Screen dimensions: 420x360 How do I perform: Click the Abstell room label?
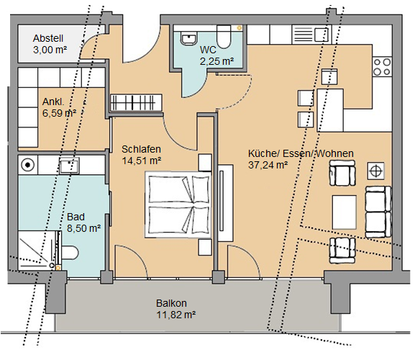tap(48, 38)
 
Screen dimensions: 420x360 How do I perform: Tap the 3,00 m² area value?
tap(50, 50)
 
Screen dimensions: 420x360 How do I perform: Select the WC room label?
tap(208, 50)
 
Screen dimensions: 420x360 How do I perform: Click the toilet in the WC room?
tap(224, 37)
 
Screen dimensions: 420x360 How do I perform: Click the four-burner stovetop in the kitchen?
tap(382, 67)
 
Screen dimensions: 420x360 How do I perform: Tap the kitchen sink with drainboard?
tap(311, 34)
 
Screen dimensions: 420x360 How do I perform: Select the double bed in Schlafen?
tap(178, 204)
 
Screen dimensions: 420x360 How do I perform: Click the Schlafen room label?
tap(141, 149)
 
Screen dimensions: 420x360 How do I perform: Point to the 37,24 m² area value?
tap(268, 165)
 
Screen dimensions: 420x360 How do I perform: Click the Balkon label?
tap(171, 303)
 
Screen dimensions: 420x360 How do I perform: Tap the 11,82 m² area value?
tap(175, 315)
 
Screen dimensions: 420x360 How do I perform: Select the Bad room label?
tap(76, 217)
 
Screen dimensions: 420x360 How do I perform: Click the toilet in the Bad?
tap(70, 253)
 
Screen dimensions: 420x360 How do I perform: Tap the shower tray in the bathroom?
tap(38, 250)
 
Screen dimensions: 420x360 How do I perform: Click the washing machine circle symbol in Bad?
tap(27, 166)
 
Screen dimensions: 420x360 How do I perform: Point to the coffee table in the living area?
tap(344, 212)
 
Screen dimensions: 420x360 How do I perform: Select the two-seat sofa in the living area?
tap(378, 212)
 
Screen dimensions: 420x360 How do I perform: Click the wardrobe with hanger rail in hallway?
tap(136, 102)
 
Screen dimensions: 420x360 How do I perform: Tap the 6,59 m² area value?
tap(59, 113)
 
